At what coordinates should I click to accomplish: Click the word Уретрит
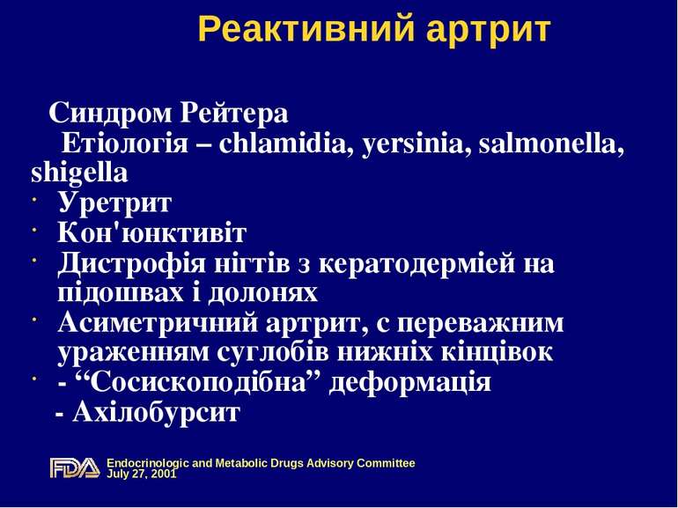[x=114, y=203]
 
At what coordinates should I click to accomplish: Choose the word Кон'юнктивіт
[x=151, y=234]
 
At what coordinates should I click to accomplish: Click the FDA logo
[x=74, y=468]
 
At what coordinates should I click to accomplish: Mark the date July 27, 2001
[x=141, y=474]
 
